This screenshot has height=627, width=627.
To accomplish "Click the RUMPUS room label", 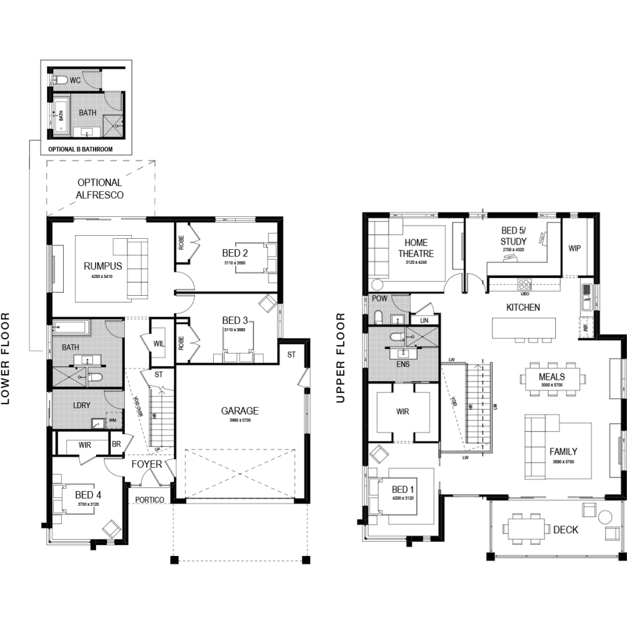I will coord(103,266).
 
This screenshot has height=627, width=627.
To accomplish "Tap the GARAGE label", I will coord(240,411).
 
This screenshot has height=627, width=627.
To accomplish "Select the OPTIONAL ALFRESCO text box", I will coord(99,189).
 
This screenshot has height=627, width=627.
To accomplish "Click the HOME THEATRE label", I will coord(416,248).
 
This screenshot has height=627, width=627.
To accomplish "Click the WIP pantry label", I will coord(574,249).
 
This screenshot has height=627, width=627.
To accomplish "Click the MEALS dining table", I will coord(551,380).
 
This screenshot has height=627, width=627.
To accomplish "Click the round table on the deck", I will coord(606,516).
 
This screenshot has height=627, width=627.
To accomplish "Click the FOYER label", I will coord(147,464).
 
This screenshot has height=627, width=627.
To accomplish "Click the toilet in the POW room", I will coord(378,317).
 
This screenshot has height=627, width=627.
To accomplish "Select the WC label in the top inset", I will coord(75,80).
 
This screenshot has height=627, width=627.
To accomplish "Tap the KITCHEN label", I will coord(522,307).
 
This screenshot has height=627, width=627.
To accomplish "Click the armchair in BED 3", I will coord(267,304).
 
